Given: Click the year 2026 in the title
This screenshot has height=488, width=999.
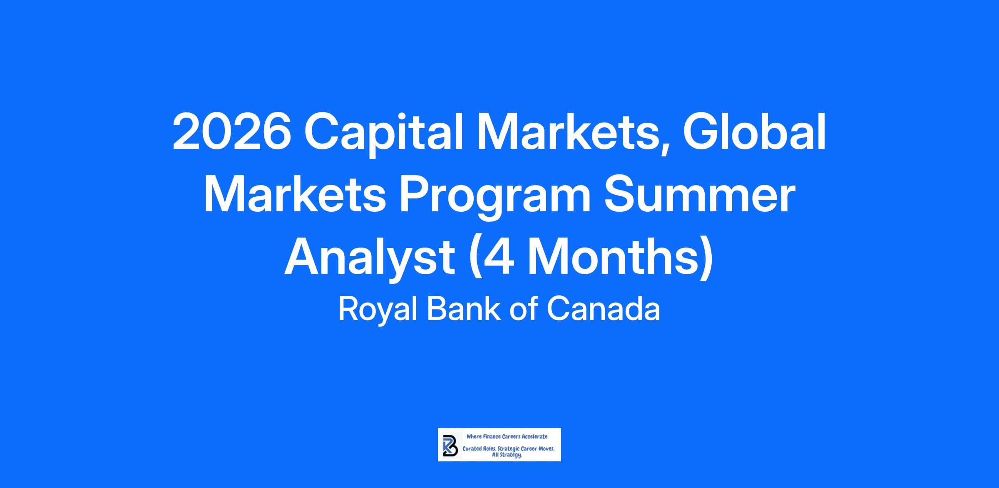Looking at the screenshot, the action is pos(232,133).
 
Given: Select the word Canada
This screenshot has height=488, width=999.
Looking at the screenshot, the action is pos(604,310).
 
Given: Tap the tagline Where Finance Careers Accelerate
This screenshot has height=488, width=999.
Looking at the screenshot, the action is pos(507,437).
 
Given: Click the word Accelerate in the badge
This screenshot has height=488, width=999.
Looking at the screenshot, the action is pos(535,437).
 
